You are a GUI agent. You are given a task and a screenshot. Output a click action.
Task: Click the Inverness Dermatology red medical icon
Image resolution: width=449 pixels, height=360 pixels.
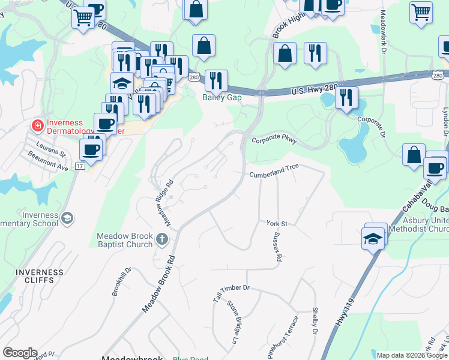click(37, 125)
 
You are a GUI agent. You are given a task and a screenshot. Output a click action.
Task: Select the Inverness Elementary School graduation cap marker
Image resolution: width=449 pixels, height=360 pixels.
click(68, 218)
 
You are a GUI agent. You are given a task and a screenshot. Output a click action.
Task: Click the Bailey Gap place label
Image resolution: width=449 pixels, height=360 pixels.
click(221, 97)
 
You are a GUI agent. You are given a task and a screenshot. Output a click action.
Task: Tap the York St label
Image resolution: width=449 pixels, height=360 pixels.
click(277, 223)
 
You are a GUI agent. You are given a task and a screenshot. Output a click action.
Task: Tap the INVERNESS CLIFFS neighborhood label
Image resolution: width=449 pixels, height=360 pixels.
click(40, 276)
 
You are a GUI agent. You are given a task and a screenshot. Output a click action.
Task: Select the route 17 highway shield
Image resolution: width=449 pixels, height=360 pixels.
click(80, 166)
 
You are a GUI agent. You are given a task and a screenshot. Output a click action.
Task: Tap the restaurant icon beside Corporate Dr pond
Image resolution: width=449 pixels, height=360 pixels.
click(346, 98)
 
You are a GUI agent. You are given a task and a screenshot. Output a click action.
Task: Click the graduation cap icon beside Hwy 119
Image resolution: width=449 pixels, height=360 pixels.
click(373, 238)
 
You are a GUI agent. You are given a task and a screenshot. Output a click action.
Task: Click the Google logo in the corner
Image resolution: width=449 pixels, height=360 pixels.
click(20, 353)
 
